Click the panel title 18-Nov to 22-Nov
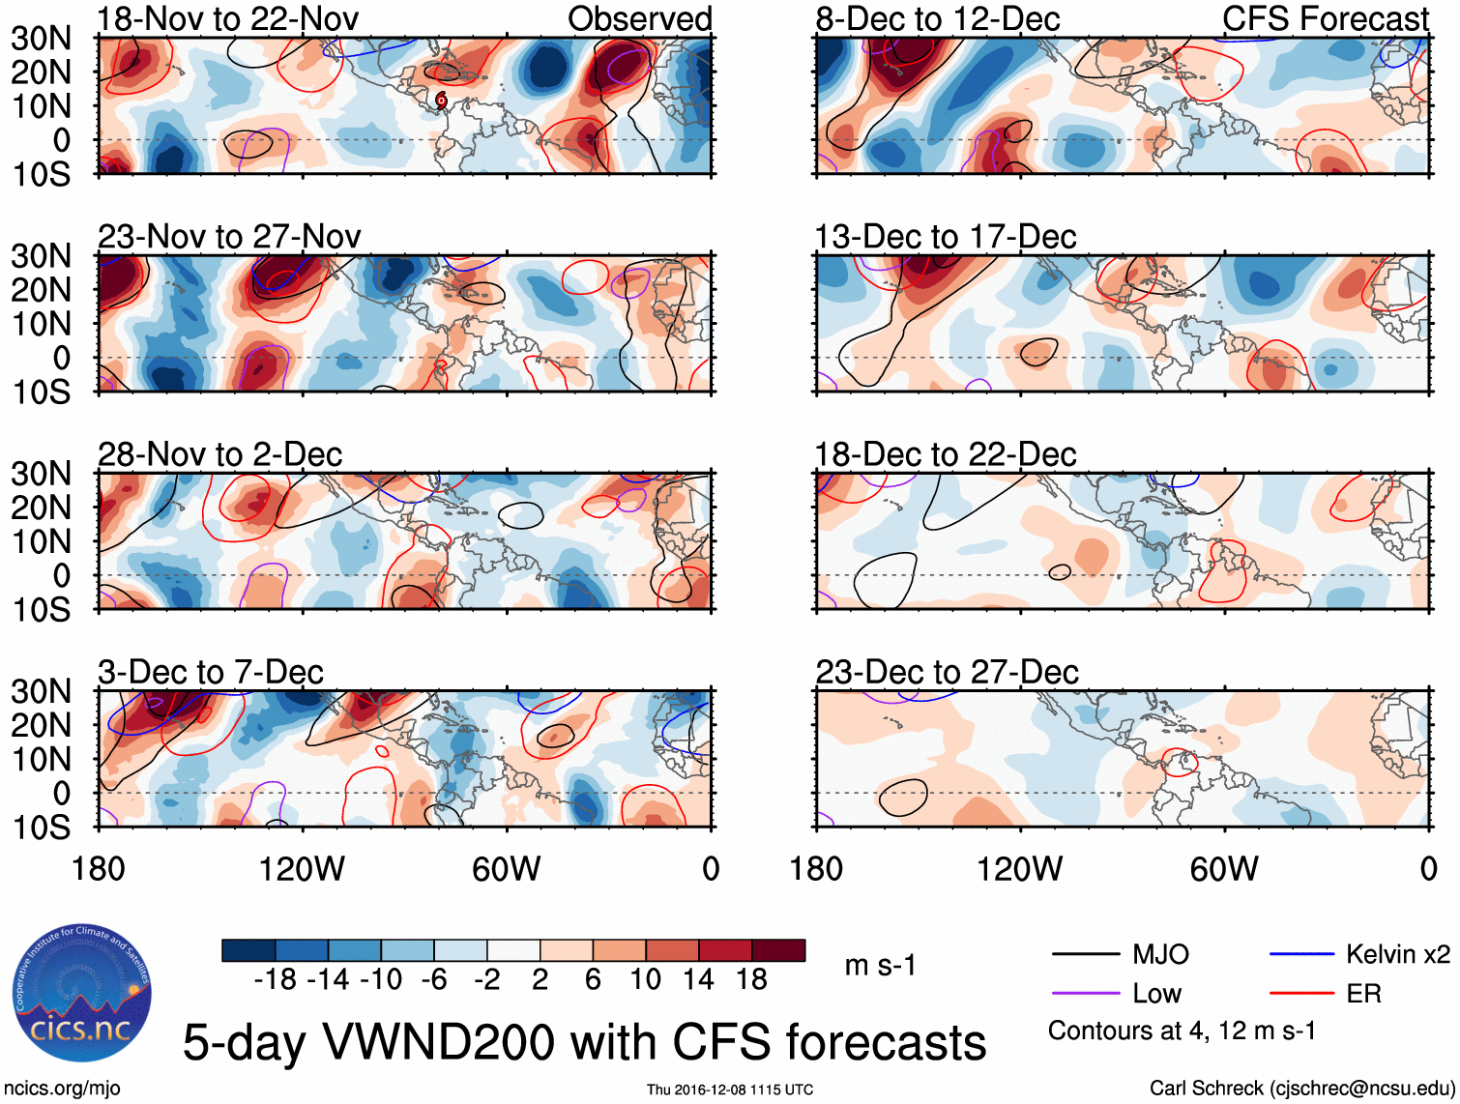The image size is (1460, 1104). tap(228, 18)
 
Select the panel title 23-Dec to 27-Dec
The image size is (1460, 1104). tap(947, 672)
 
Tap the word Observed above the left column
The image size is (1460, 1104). tap(639, 18)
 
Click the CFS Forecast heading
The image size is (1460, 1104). tap(1325, 18)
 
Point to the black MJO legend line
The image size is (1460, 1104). tap(1085, 954)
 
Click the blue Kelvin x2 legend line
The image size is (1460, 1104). tap(1301, 954)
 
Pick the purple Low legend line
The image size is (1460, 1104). tap(1085, 993)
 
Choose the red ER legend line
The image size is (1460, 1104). tap(1301, 993)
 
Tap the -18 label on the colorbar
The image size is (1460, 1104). tap(276, 979)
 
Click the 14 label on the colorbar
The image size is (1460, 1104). tap(698, 979)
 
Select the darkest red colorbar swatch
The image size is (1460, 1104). tap(778, 950)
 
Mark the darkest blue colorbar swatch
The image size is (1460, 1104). tap(248, 950)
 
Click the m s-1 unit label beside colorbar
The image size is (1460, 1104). tap(879, 965)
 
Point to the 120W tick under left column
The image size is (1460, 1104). tap(302, 868)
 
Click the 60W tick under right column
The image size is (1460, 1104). tap(1224, 868)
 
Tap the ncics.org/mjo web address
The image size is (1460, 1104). tap(62, 1089)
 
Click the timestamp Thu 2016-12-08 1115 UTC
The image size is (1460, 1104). tap(730, 1089)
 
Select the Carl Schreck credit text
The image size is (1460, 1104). tap(1301, 1089)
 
